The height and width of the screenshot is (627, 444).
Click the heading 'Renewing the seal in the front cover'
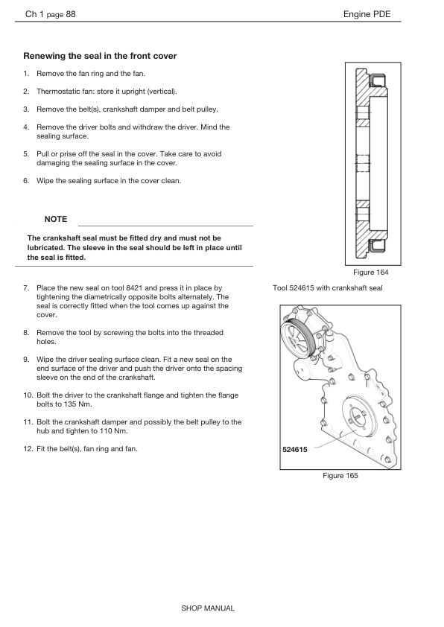coord(100,56)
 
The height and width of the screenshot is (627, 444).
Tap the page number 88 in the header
coord(71,14)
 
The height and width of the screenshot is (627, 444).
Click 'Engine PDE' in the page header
coord(367,14)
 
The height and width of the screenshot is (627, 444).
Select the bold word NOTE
coord(56,219)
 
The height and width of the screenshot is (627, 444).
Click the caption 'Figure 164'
coord(371,273)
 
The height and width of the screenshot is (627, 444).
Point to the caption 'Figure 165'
coord(340,475)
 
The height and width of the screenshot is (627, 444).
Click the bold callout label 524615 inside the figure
coord(295,450)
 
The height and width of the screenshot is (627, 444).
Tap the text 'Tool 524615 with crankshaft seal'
coord(328,288)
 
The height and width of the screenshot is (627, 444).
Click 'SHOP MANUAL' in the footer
coord(208,608)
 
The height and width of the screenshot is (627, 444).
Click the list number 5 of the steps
coord(26,154)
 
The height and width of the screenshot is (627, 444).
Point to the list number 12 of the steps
coord(28,449)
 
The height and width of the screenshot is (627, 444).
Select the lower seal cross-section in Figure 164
coord(377,246)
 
